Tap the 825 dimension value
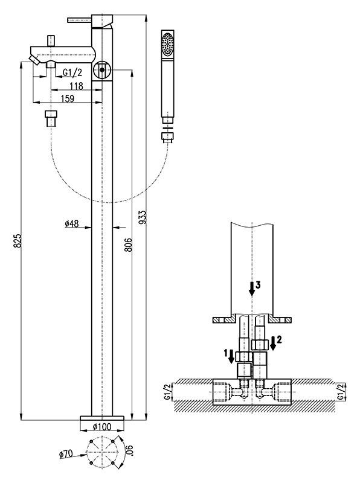click(x=18, y=240)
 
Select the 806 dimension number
click(x=129, y=245)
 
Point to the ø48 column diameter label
click(x=72, y=223)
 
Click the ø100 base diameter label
click(x=102, y=427)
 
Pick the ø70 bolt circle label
click(x=66, y=453)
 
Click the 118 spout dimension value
click(x=76, y=86)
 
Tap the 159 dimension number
click(x=68, y=98)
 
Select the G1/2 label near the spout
click(x=72, y=72)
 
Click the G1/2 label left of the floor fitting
click(x=167, y=392)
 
